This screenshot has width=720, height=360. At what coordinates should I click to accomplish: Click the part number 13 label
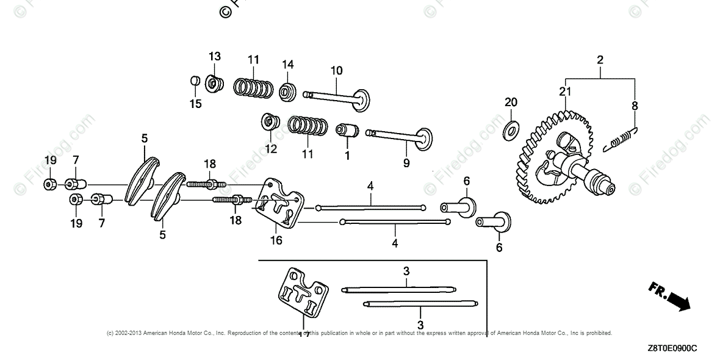coord(214,57)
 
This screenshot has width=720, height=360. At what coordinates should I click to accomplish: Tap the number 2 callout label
coord(600,60)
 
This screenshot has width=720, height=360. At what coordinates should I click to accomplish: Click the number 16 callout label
coord(276,240)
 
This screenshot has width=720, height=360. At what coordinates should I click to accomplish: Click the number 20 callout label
coord(511,102)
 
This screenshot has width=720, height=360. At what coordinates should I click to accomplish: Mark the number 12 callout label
coord(270,148)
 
